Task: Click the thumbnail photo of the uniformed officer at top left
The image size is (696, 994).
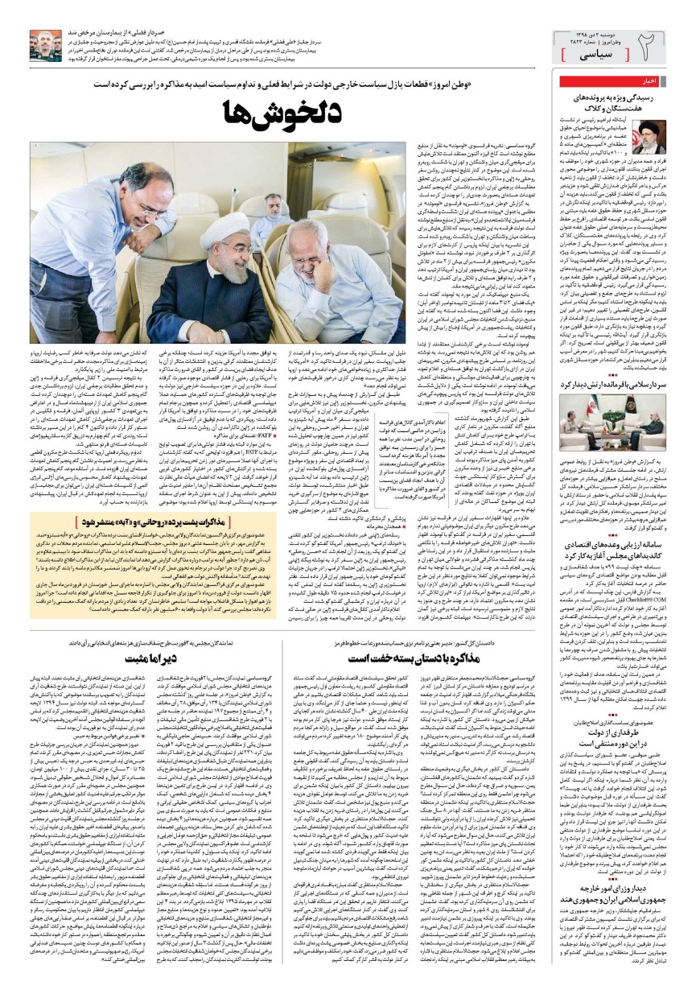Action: click(x=43, y=43)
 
